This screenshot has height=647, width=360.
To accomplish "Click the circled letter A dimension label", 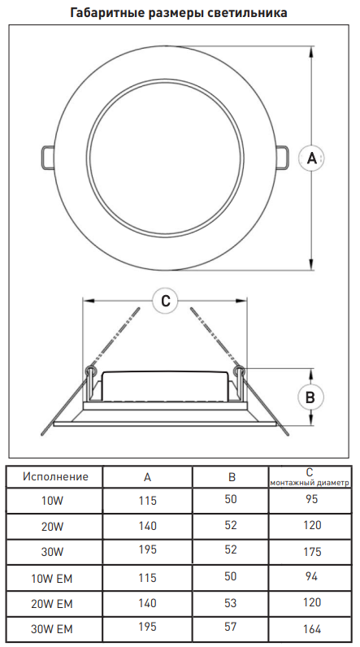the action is coord(311,158).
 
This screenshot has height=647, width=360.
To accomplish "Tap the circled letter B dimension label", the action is coord(311,397).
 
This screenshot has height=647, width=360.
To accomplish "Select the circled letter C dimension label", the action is coord(165,302).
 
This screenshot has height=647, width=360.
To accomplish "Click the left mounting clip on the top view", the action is coord(46,158).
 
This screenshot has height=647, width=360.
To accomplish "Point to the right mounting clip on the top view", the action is coord(282,158).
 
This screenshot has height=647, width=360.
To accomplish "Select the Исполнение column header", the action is coord(55,476).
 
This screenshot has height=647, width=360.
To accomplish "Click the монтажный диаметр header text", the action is coord(310,482).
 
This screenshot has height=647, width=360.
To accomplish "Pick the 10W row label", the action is coord(52,501).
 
